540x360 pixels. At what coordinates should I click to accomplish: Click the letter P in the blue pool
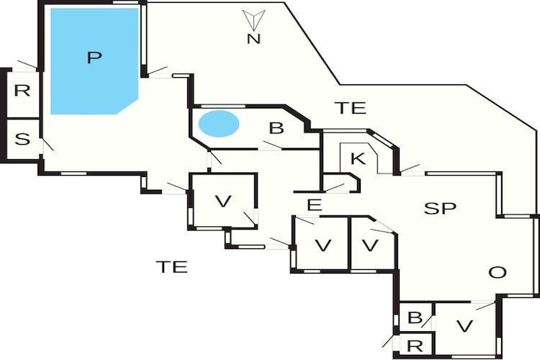pyautogui.click(x=94, y=57)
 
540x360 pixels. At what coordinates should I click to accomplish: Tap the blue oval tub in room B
pyautogui.click(x=219, y=124)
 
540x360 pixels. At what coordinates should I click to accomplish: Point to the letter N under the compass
pyautogui.click(x=253, y=39)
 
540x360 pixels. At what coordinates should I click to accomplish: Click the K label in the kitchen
pyautogui.click(x=358, y=159)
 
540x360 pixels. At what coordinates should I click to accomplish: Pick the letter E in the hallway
pyautogui.click(x=314, y=205)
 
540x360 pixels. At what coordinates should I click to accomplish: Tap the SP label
pyautogui.click(x=440, y=208)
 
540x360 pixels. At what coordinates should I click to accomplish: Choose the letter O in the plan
pyautogui.click(x=498, y=272)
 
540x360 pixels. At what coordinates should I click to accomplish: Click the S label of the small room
pyautogui.click(x=22, y=139)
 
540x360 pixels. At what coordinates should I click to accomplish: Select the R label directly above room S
pyautogui.click(x=22, y=91)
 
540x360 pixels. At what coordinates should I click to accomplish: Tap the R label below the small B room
pyautogui.click(x=415, y=346)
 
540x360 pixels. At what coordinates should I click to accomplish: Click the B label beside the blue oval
pyautogui.click(x=276, y=128)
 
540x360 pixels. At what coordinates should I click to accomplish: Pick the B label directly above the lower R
pyautogui.click(x=415, y=318)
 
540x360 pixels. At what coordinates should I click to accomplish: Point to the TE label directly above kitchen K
pyautogui.click(x=351, y=108)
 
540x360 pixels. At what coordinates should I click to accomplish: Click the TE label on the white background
pyautogui.click(x=172, y=266)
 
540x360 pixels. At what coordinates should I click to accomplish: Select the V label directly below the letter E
pyautogui.click(x=323, y=246)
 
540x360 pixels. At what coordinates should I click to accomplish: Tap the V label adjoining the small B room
pyautogui.click(x=464, y=325)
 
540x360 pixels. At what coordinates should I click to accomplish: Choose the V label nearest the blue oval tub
pyautogui.click(x=223, y=201)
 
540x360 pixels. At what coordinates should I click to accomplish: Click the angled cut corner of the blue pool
pyautogui.click(x=127, y=107)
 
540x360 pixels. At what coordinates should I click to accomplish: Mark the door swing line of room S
pyautogui.click(x=48, y=145)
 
